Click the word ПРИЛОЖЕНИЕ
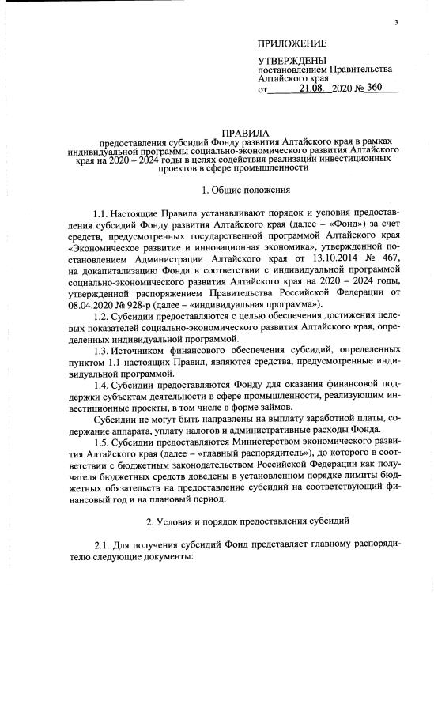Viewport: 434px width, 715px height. coord(292,43)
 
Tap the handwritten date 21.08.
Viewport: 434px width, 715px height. coord(314,89)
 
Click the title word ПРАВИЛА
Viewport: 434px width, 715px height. coord(247,131)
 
